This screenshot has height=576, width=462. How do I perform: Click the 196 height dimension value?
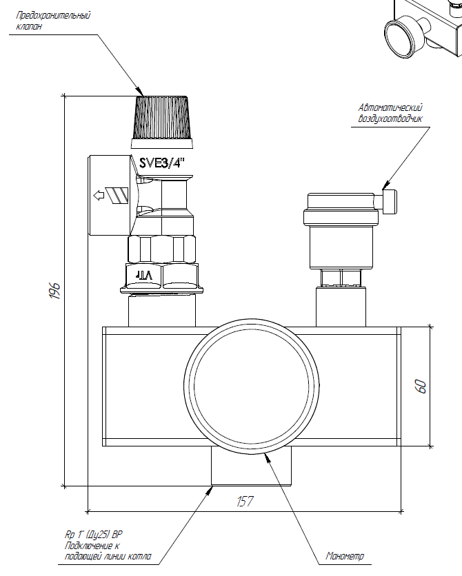click(54, 291)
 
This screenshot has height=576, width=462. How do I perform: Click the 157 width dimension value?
click(245, 502)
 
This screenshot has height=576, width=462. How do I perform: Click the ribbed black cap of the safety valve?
click(162, 118)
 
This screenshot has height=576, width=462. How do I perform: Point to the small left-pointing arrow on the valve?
click(99, 196)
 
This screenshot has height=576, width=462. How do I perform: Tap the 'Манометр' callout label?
click(344, 556)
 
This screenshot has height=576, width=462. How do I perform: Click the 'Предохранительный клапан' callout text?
click(53, 21)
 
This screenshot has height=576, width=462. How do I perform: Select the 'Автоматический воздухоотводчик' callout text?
click(390, 113)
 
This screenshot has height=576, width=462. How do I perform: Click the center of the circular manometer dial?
click(252, 386)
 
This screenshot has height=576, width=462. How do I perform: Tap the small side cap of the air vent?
click(390, 201)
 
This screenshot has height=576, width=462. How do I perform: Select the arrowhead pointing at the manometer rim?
click(268, 458)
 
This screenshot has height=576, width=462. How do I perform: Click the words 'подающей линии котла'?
click(108, 556)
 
